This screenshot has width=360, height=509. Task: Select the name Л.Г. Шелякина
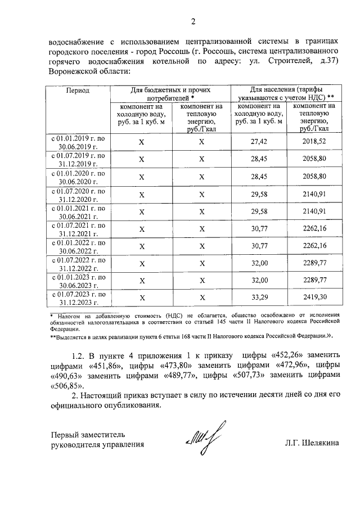(x=312, y=444)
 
